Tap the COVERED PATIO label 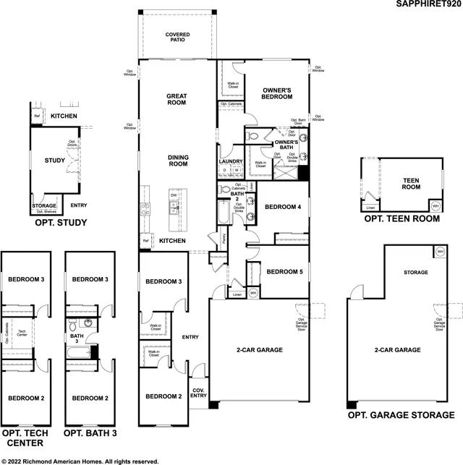pos(177,37)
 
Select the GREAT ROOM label pos(177,99)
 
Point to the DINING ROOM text pos(177,161)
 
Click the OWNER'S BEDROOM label pos(276,93)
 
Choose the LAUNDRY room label pos(230,161)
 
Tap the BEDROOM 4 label pos(281,207)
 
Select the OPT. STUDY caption pos(61,223)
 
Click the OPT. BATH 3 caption pos(90,432)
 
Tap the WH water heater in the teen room pos(435,205)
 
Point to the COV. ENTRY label pos(198,392)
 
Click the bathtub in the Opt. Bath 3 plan pos(77,352)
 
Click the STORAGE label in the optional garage pos(415,273)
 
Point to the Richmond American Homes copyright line pos(80,460)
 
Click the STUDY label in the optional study pos(55,161)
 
